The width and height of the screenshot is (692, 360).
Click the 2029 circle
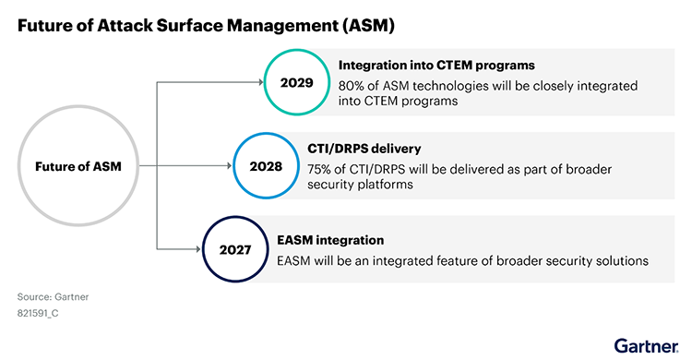coord(297,82)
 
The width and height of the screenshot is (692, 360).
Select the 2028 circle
coord(266,166)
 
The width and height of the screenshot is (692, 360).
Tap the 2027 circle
coord(234,249)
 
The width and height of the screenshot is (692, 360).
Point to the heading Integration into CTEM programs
coord(437,66)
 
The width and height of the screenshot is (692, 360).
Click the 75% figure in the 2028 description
coord(322,169)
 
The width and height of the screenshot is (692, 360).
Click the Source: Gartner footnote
coord(53,296)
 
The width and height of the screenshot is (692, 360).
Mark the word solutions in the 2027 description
coord(621,260)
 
